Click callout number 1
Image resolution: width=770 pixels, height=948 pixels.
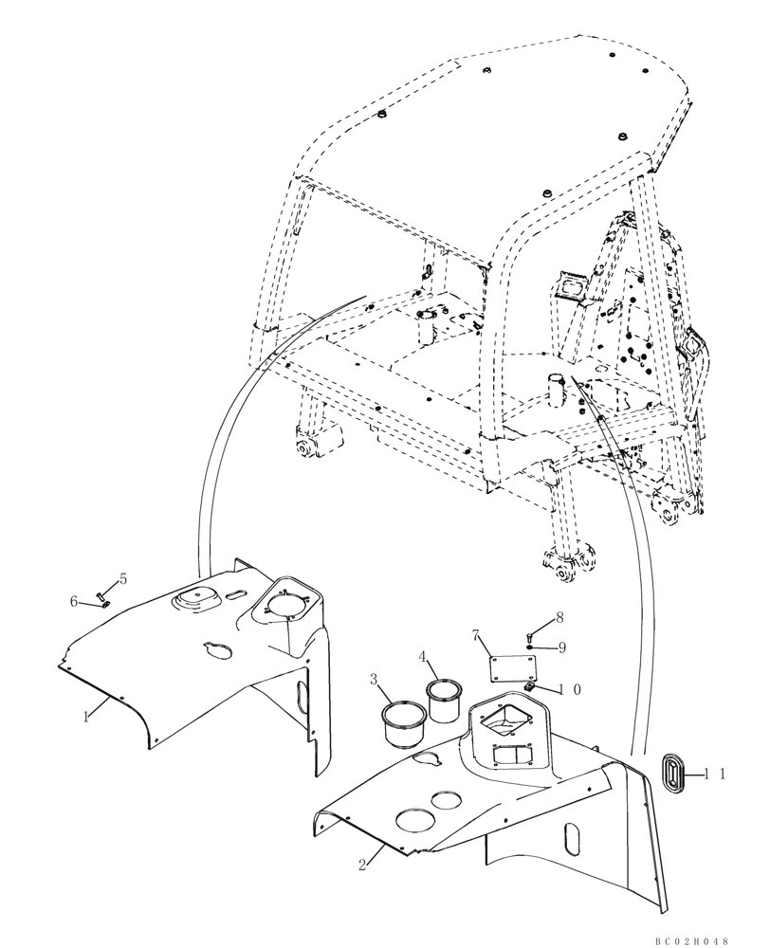85,717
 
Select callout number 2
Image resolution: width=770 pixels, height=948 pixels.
363,864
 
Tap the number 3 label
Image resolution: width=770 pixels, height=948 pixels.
375,680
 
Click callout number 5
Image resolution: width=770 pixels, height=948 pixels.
121,579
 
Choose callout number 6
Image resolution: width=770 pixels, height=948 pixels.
74,601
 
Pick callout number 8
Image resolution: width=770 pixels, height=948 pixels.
559,617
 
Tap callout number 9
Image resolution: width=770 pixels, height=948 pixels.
562,647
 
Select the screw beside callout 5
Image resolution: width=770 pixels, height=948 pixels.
101,596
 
